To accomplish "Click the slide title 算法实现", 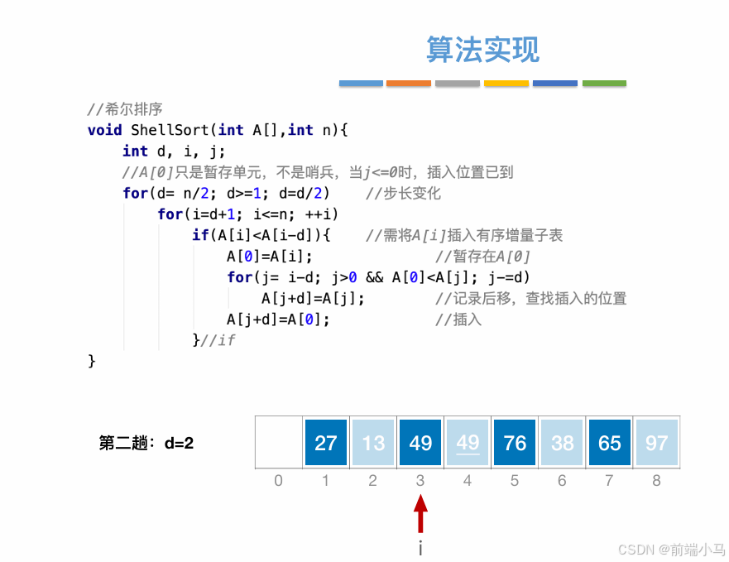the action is pyautogui.click(x=482, y=49).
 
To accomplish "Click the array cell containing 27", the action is pyautogui.click(x=325, y=443).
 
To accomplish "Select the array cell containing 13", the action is pyautogui.click(x=373, y=443).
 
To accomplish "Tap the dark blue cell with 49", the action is pyautogui.click(x=420, y=443).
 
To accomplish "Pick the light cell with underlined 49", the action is pyautogui.click(x=468, y=443).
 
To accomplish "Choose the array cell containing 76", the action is pyautogui.click(x=515, y=443).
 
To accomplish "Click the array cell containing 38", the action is pyautogui.click(x=562, y=443).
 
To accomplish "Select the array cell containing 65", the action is pyautogui.click(x=610, y=443).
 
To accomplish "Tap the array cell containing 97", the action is pyautogui.click(x=657, y=443).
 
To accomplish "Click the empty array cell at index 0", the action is pyautogui.click(x=278, y=443).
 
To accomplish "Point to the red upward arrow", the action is pyautogui.click(x=420, y=513).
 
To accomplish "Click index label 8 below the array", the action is pyautogui.click(x=657, y=480).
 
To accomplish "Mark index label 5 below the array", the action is pyautogui.click(x=515, y=480).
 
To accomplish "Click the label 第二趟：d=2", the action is pyautogui.click(x=146, y=443).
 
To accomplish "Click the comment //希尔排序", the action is pyautogui.click(x=125, y=108).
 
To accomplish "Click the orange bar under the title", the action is pyautogui.click(x=409, y=84).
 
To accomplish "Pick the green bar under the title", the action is pyautogui.click(x=604, y=84).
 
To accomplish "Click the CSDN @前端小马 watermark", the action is pyautogui.click(x=671, y=549).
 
